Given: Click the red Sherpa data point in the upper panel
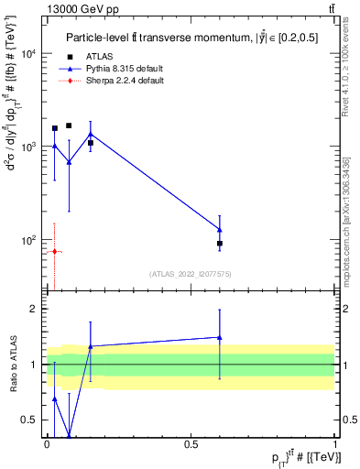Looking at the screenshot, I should tap(54, 251).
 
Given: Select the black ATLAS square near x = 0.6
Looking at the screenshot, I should tap(220, 244).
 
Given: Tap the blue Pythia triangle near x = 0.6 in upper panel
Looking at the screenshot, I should tap(220, 229).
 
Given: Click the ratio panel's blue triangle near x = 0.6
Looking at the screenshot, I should tap(220, 337).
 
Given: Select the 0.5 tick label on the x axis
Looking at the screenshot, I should tap(191, 444).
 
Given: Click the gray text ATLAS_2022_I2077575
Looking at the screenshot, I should tap(191, 274).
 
